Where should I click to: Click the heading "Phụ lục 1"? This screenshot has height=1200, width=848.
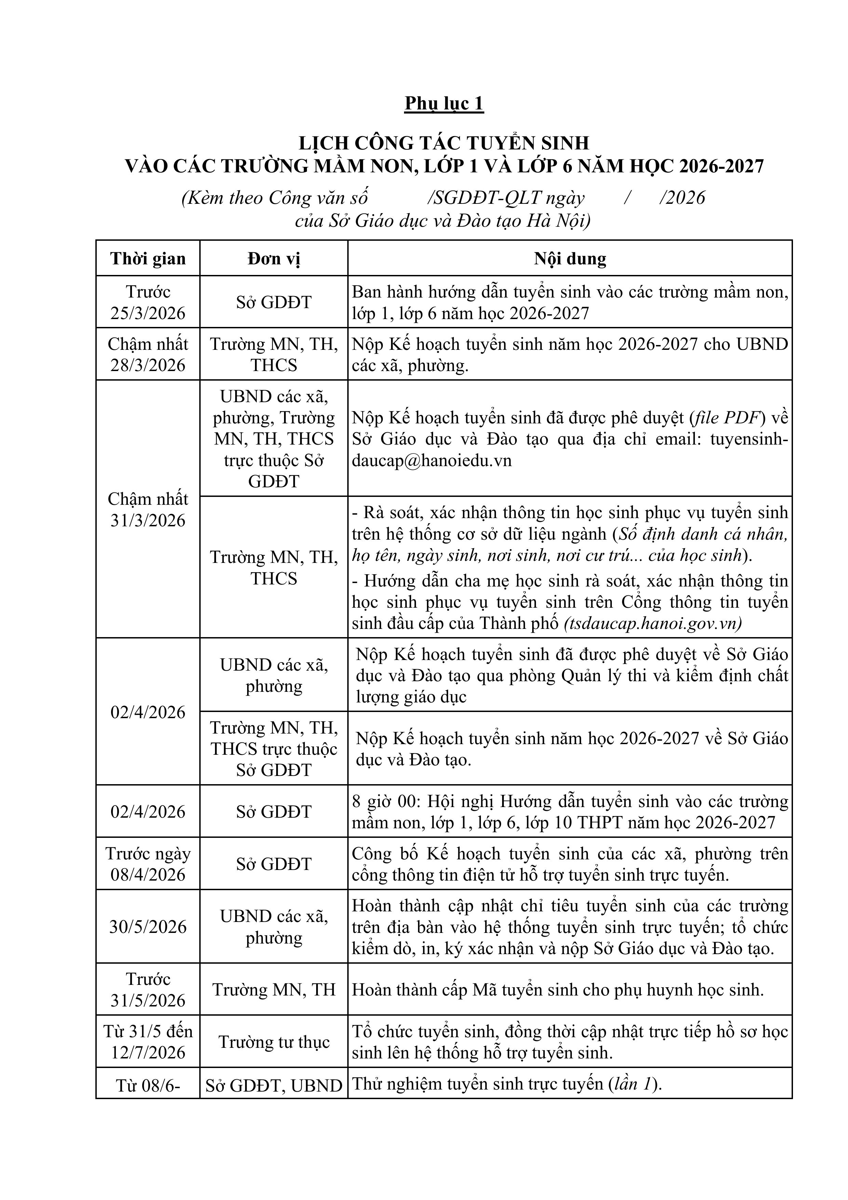click(444, 104)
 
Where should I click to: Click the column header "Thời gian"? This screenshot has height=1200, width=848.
click(148, 259)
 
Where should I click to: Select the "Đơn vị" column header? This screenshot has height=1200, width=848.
click(274, 259)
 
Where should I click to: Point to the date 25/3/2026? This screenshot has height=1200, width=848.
click(148, 313)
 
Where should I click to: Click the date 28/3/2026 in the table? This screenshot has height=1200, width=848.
click(148, 365)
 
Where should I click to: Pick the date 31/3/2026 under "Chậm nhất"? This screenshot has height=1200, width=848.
click(148, 520)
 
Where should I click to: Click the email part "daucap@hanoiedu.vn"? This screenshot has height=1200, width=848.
click(432, 460)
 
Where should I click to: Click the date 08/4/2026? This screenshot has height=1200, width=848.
click(148, 874)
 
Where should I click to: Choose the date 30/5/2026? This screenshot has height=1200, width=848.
click(148, 927)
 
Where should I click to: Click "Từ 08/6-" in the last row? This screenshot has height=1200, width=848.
click(148, 1086)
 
